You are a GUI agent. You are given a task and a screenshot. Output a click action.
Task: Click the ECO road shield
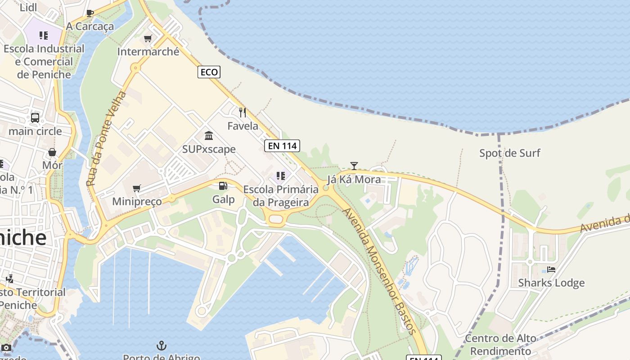209,72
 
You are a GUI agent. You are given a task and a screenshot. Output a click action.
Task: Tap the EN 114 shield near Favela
282,145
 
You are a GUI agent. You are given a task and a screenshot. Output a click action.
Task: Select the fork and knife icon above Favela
243,112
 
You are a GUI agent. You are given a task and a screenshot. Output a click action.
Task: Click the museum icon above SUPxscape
209,135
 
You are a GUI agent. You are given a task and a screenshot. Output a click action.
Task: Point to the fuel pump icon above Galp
223,186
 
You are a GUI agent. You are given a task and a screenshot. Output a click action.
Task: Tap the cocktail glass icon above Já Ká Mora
354,166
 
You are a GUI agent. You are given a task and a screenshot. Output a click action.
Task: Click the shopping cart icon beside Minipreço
137,188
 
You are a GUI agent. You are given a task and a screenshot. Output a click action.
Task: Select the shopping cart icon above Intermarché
148,39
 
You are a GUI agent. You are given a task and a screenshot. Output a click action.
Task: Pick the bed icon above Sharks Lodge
551,270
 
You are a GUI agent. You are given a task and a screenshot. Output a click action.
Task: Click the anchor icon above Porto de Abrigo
161,346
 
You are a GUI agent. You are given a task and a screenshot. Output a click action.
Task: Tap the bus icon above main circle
35,118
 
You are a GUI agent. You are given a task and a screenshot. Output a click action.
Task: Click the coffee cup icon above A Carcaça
90,13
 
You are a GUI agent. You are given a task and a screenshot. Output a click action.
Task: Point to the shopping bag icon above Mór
52,152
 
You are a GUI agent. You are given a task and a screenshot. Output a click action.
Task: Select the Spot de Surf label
509,153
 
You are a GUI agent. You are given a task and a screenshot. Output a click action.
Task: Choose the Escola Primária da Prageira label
281,196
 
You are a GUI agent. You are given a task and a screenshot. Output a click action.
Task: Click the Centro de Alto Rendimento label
500,344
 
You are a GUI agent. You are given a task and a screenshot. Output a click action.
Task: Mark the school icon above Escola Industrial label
44,35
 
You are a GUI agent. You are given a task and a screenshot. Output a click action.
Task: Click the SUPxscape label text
209,149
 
